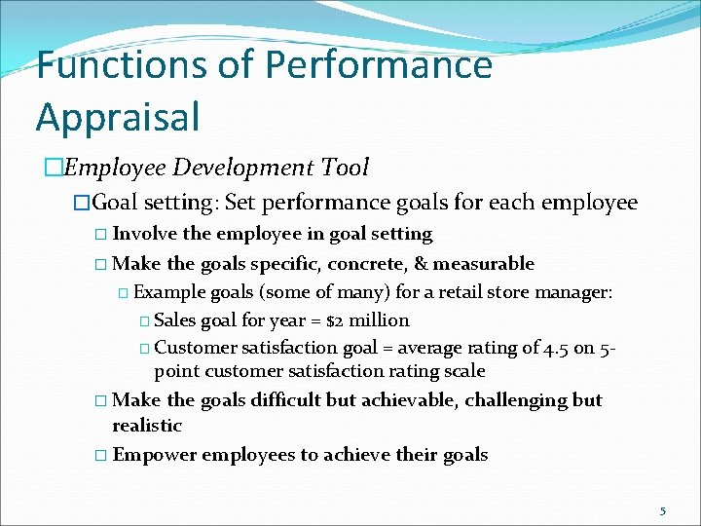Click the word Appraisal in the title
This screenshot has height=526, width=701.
118,115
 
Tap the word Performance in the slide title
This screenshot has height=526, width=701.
379,65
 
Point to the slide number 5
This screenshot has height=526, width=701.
663,510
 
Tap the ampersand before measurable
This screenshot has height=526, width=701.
422,264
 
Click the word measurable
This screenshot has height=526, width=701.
484,264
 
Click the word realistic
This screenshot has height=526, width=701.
147,426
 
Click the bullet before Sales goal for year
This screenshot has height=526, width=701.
144,320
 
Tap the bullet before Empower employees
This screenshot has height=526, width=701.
102,455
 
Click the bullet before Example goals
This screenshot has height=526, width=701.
123,292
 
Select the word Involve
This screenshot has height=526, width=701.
145,234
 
